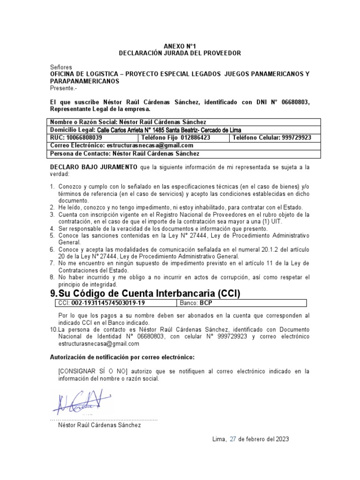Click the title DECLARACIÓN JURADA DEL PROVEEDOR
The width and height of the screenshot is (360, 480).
coord(180,53)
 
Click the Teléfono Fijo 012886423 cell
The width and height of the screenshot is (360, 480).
coord(182,138)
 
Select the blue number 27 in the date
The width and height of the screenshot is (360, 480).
coord(232,439)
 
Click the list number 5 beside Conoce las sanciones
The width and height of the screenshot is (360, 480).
coord(52,236)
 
